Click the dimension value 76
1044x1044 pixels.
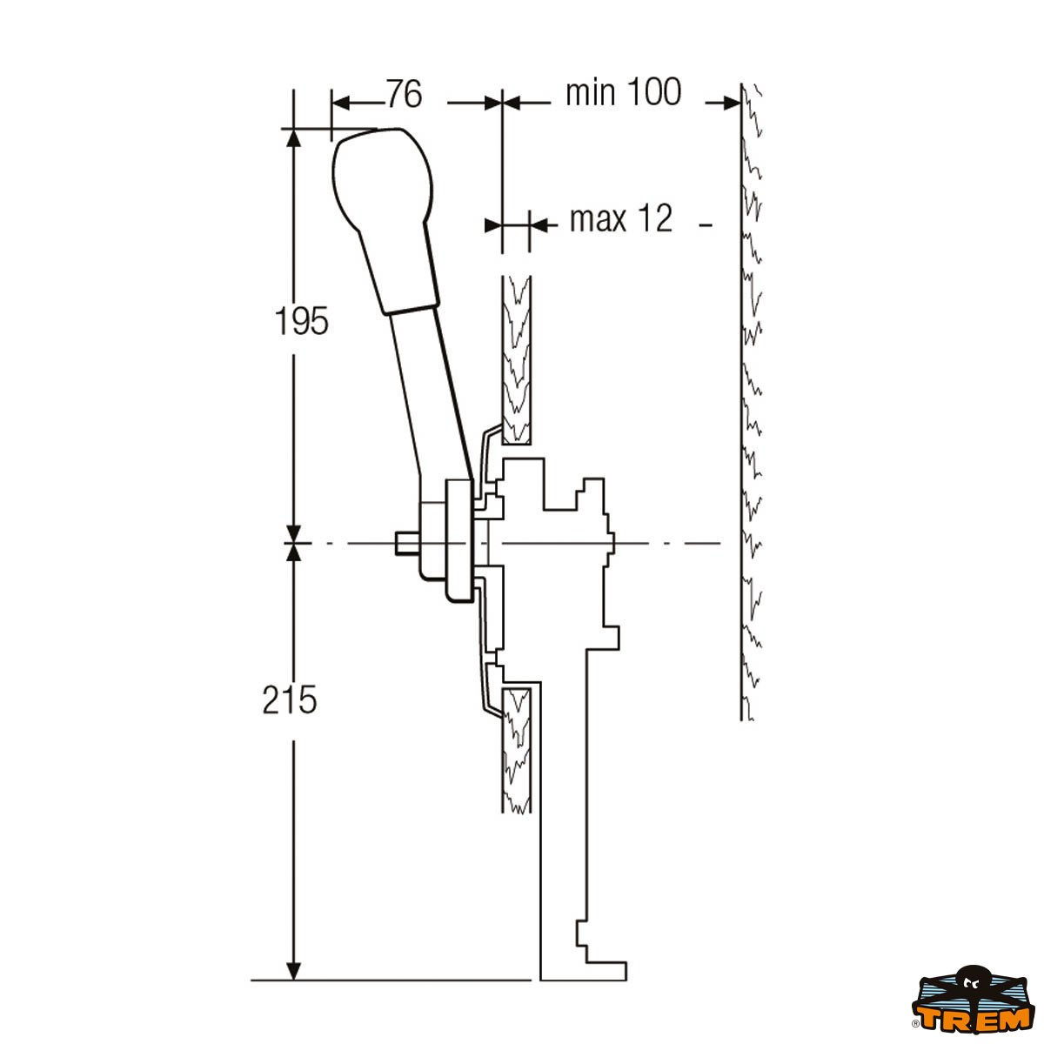point(404,94)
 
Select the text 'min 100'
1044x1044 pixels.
point(623,92)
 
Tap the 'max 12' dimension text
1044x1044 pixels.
point(621,219)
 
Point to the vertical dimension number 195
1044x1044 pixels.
point(302,322)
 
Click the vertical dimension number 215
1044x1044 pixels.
point(290,699)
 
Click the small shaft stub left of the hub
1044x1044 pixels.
point(406,543)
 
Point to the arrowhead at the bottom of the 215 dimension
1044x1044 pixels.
point(294,969)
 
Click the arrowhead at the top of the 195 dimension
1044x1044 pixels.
point(294,139)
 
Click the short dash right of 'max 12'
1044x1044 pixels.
point(706,225)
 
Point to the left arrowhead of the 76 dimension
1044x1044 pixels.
point(341,104)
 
